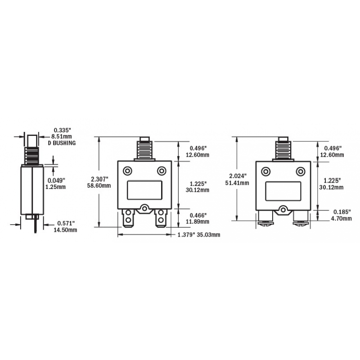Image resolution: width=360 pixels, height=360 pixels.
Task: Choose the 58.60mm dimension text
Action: tap(100, 185)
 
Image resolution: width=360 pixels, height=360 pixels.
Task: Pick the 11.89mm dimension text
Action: tap(199, 222)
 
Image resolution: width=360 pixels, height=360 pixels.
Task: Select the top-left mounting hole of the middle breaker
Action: tap(128, 171)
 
